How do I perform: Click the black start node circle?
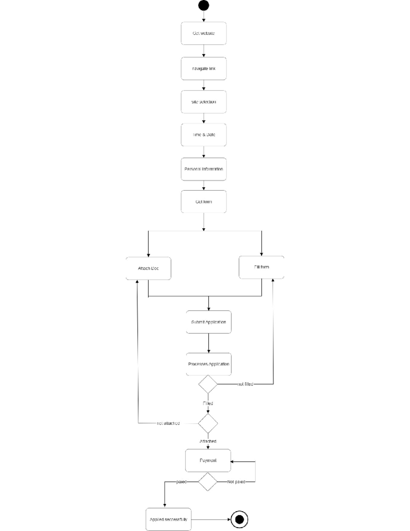pyautogui.click(x=204, y=5)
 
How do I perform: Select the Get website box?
pyautogui.click(x=204, y=33)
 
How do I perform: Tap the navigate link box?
pyautogui.click(x=204, y=68)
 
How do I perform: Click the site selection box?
pyautogui.click(x=204, y=102)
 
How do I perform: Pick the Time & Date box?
pyautogui.click(x=204, y=135)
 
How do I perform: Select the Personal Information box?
pyautogui.click(x=204, y=169)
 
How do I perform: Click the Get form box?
pyautogui.click(x=204, y=202)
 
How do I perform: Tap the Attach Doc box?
pyautogui.click(x=148, y=268)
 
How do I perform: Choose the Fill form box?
pyautogui.click(x=261, y=267)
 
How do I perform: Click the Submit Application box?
pyautogui.click(x=208, y=322)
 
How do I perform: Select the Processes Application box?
pyautogui.click(x=208, y=364)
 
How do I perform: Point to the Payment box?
pyautogui.click(x=208, y=461)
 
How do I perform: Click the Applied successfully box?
pyautogui.click(x=168, y=519)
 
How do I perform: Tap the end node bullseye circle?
pyautogui.click(x=239, y=519)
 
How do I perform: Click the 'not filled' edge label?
pyautogui.click(x=245, y=384)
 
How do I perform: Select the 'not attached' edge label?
pyautogui.click(x=168, y=423)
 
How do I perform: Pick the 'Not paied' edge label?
pyautogui.click(x=236, y=482)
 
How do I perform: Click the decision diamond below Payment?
pyautogui.click(x=208, y=482)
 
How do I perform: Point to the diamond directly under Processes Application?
pyautogui.click(x=208, y=384)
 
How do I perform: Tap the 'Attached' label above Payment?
pyautogui.click(x=208, y=441)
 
